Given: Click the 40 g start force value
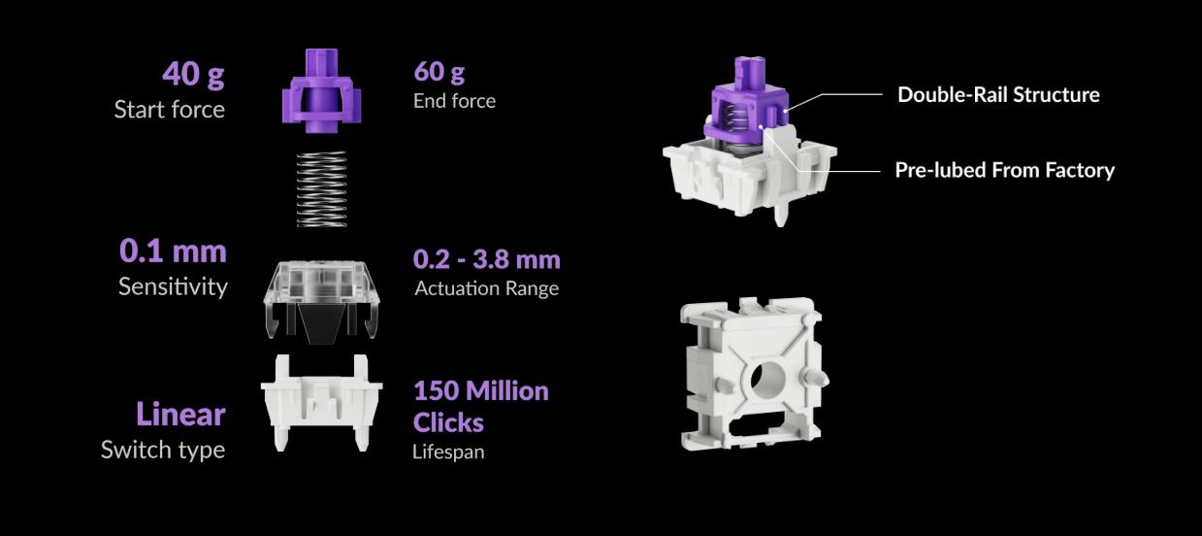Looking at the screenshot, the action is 193,74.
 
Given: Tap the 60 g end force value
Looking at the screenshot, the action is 439,72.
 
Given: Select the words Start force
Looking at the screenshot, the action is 170,110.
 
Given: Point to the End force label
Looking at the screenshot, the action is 454,101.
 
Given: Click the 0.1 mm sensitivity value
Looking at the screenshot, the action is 173,251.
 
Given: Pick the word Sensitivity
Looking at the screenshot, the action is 173,286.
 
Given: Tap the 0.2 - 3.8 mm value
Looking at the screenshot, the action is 487,259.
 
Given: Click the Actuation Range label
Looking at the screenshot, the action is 487,288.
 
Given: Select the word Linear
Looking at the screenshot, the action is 180,415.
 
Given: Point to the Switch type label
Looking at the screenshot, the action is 163,450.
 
